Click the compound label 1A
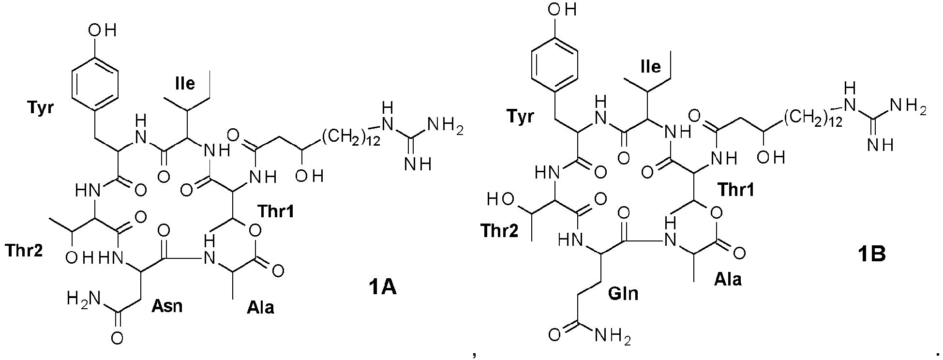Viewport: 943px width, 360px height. coord(381,289)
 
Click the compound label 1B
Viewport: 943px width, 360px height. coord(869,253)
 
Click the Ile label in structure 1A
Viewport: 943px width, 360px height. coord(185,83)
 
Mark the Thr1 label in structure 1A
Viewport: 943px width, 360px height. coord(276,211)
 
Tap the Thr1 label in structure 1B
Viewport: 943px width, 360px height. coord(736,190)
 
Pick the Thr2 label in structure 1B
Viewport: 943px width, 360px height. coord(500,231)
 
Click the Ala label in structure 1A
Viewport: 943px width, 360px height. coord(260,307)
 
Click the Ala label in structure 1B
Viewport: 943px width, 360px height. coord(728,279)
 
